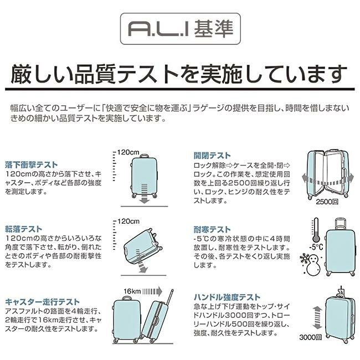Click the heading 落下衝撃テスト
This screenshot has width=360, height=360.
[x=32, y=165]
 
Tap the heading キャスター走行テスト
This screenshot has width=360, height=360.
[x=42, y=302]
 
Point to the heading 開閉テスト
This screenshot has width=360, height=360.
[x=212, y=156]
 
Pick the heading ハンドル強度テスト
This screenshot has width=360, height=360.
[x=227, y=297]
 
